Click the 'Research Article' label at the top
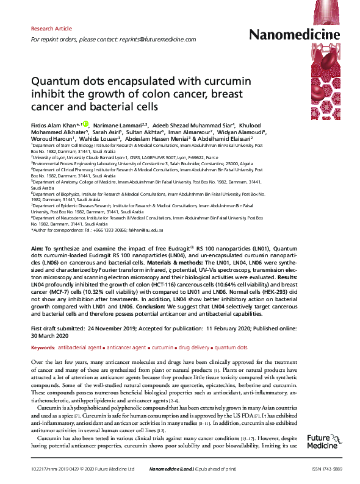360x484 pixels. (x=51, y=29)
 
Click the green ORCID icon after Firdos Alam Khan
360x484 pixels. (x=85, y=124)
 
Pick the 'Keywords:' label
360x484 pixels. (x=43, y=347)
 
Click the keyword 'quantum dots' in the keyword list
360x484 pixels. (x=231, y=347)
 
